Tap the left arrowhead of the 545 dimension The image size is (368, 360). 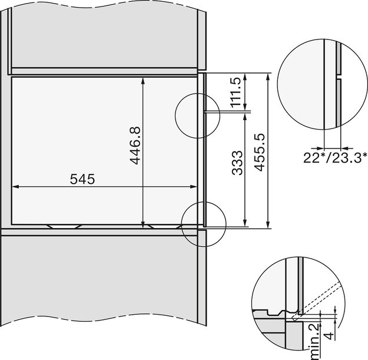[x=16, y=187]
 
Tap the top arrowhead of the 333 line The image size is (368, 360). [x=244, y=116]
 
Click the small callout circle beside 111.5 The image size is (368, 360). [x=197, y=112]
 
